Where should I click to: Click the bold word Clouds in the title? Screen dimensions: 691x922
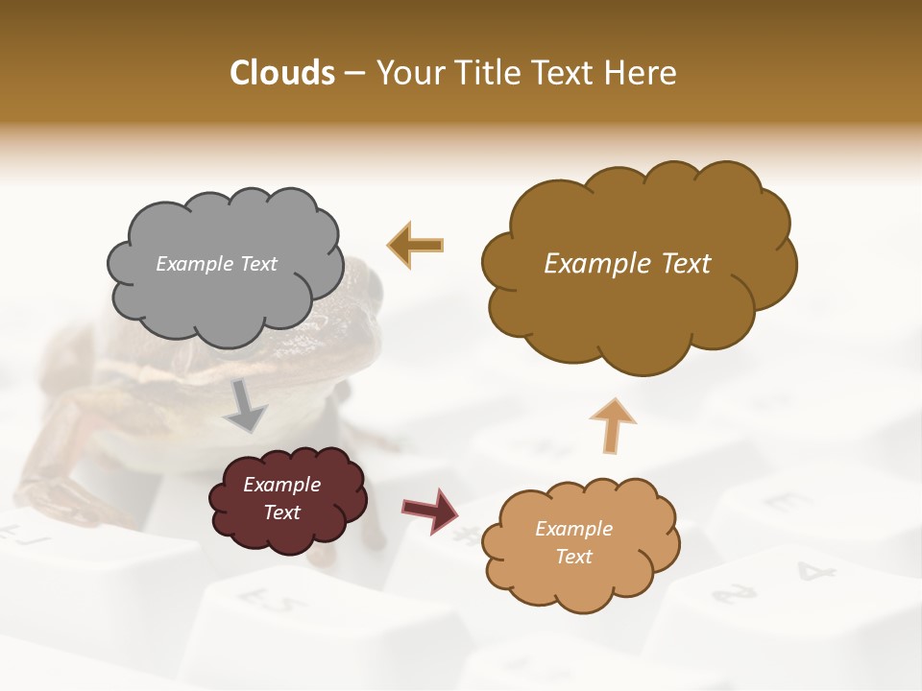coord(282,73)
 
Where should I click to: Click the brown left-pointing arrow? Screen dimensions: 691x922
coord(416,245)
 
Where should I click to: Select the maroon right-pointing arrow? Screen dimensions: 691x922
coord(430,511)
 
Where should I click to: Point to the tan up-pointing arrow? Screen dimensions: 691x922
coord(612,425)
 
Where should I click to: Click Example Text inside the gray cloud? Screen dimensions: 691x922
coord(216,264)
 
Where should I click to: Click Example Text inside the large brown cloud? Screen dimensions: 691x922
coord(627,264)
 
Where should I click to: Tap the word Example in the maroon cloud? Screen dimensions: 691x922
coord(281,485)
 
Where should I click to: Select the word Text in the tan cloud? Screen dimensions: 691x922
coord(574,557)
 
